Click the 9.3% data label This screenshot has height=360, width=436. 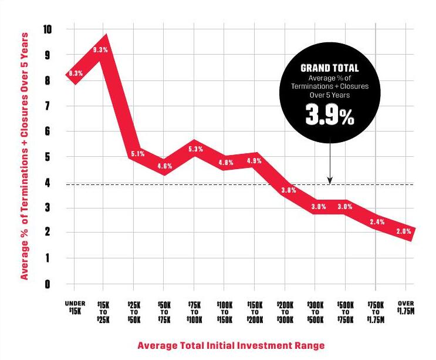coord(100,50)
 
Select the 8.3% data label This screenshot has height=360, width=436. coord(76,73)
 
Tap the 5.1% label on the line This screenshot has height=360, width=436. coord(136,154)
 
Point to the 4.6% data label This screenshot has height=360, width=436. coord(165,166)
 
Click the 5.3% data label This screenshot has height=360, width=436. coord(196,149)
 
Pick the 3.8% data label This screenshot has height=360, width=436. coord(288,190)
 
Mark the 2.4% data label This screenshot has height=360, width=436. coord(377,222)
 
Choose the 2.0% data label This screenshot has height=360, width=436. coord(404,231)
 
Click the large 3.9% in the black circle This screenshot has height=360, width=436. coord(329,115)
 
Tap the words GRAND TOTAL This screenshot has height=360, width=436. coord(329,68)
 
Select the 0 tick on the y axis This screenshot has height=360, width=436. coord(49,284)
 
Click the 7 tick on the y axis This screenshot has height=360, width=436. coord(49,106)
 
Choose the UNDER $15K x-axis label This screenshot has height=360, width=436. coord(75,307)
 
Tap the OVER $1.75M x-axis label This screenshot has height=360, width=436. coord(406,307)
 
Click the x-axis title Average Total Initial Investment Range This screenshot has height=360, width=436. coord(231,345)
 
